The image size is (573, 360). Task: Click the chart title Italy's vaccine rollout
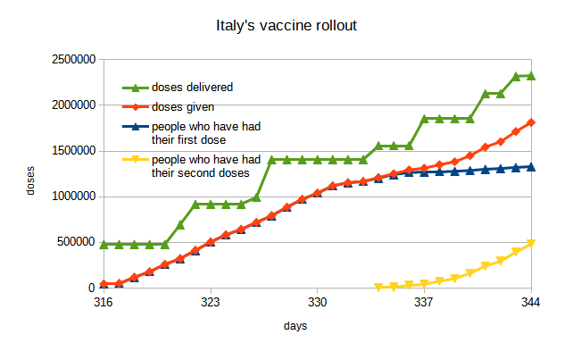[286, 26]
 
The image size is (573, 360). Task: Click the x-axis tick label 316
[104, 303]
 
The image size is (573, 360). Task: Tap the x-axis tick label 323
[211, 303]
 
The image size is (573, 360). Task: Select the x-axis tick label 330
[318, 303]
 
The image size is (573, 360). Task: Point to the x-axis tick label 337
[424, 303]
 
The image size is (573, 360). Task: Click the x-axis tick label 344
[531, 303]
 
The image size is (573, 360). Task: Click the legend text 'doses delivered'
[193, 88]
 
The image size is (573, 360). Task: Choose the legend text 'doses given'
[183, 108]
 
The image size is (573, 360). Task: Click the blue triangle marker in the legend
[136, 127]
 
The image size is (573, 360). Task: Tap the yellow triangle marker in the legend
[136, 160]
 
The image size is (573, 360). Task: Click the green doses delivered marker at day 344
[531, 76]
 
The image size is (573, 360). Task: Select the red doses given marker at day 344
[531, 122]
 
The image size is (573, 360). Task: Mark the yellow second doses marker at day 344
[531, 243]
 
